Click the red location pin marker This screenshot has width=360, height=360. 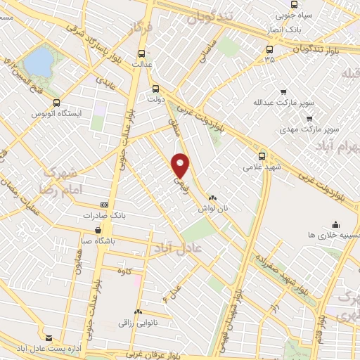tap(181, 166)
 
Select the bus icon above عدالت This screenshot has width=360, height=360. tap(143, 53)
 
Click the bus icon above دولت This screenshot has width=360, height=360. tap(157, 89)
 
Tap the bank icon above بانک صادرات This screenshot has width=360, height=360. tap(104, 205)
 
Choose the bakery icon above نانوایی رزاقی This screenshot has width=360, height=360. tap(138, 311)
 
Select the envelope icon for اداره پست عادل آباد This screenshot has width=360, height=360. tap(49, 337)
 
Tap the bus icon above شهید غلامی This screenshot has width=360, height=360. tap(262, 156)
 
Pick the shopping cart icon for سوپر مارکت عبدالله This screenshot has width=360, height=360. tap(283, 91)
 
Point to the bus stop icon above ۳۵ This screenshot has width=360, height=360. tap(269, 49)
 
